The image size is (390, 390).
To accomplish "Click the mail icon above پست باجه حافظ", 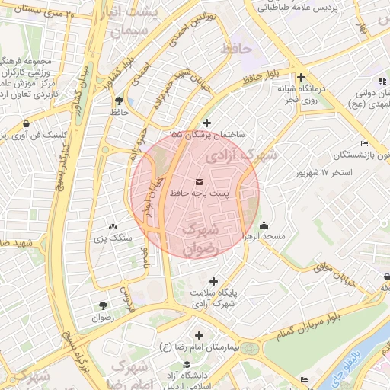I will [199, 181].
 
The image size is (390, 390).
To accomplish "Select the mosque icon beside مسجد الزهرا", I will [264, 225].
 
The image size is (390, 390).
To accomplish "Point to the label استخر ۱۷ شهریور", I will [324, 173].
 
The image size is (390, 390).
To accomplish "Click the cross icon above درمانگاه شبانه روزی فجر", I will [302, 77].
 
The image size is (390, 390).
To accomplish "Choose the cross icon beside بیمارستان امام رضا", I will [200, 335].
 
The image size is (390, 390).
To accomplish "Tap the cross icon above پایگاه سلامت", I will [213, 281].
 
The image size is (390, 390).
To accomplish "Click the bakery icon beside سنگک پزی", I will [113, 225].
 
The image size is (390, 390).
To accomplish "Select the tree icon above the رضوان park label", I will [101, 305].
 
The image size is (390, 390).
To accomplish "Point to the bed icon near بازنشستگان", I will [365, 143].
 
